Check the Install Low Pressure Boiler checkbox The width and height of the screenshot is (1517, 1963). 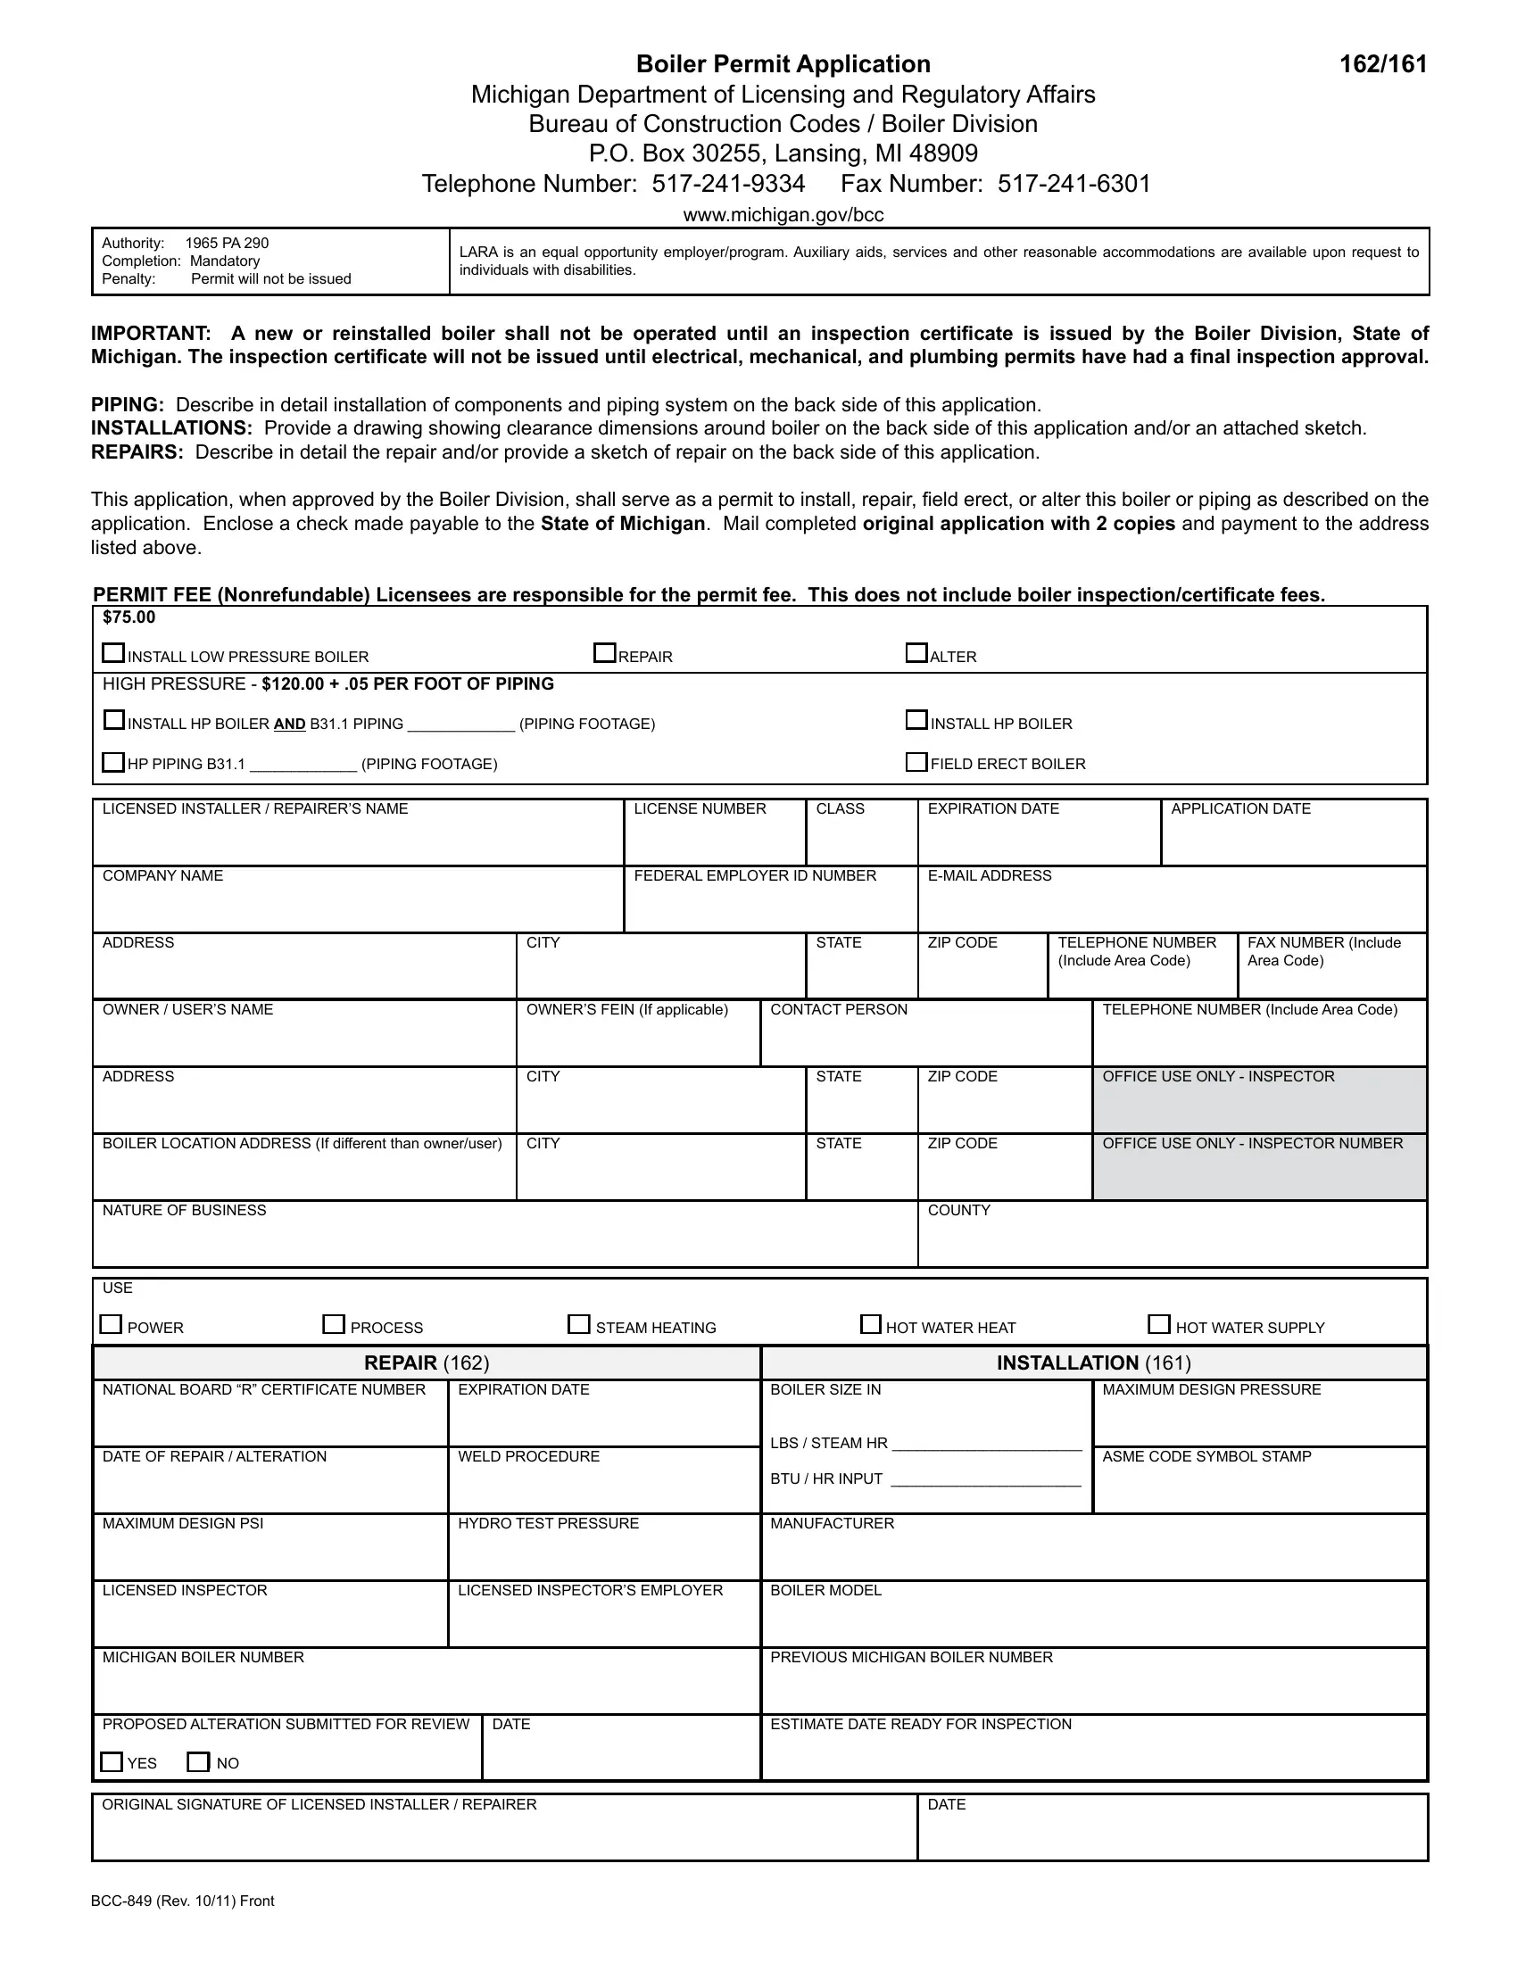click(113, 653)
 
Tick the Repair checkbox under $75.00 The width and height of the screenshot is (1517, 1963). click(604, 653)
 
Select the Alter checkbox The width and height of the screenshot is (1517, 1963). click(916, 653)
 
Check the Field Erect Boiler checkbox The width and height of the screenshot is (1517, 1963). click(916, 762)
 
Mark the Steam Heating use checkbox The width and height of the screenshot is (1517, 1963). click(579, 1325)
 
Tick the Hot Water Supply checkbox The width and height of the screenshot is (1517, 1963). click(1159, 1325)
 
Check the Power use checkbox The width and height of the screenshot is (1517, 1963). click(111, 1325)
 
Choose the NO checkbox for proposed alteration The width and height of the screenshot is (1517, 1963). click(198, 1761)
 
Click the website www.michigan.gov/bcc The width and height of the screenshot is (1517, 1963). click(783, 215)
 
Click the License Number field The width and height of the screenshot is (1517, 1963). click(715, 841)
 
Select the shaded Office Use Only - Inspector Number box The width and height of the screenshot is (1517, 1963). click(1258, 1173)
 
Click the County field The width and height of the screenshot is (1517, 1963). click(1171, 1242)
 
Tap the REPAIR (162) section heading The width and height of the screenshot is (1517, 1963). click(426, 1363)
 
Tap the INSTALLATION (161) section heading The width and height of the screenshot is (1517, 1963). click(1093, 1363)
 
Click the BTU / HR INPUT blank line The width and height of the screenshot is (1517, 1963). click(985, 1478)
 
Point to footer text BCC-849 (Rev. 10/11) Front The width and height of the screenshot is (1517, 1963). click(182, 1901)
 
